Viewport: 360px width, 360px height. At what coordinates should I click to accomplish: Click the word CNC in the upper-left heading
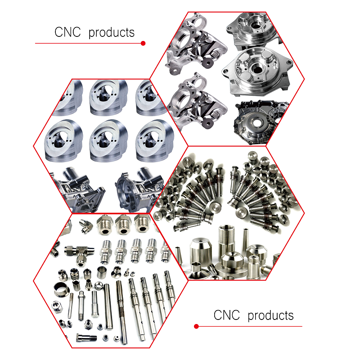click(x=67, y=32)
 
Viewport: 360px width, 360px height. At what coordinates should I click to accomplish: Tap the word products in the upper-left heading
click(x=111, y=33)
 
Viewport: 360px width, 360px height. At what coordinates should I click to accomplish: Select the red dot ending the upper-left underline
click(x=143, y=43)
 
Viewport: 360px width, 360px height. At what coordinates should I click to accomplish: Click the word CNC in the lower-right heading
click(x=227, y=315)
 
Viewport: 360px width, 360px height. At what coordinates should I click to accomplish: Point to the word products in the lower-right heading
click(x=270, y=316)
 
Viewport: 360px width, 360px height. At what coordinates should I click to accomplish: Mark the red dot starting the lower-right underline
click(x=196, y=326)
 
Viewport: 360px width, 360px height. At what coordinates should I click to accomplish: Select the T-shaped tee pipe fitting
click(x=79, y=255)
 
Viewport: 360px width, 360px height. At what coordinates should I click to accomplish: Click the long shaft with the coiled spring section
click(x=121, y=312)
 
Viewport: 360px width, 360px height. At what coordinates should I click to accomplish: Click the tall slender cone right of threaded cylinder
click(x=245, y=241)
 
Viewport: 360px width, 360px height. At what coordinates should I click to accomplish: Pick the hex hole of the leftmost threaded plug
click(x=105, y=231)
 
